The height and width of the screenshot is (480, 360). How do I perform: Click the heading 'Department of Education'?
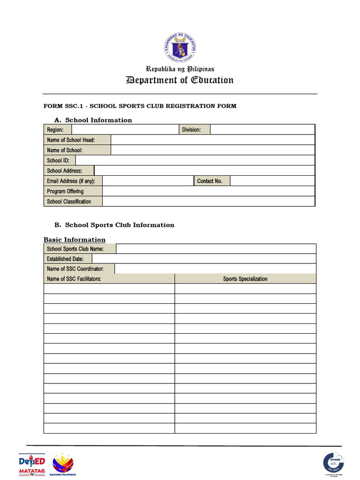(180, 80)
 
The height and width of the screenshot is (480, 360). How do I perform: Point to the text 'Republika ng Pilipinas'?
(180, 69)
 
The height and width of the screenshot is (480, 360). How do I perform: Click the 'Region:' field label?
(55, 130)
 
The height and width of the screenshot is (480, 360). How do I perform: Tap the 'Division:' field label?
(191, 130)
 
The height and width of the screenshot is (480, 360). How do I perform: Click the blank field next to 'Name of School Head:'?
(213, 140)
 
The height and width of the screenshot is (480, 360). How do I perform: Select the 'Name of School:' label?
(65, 150)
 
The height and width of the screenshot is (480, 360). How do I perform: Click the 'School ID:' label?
(58, 160)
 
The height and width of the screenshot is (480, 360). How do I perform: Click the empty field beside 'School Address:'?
(204, 171)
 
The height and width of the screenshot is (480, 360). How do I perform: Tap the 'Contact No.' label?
(210, 181)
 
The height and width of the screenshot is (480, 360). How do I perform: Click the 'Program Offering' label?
(65, 191)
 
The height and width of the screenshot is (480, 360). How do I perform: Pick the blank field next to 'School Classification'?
(209, 202)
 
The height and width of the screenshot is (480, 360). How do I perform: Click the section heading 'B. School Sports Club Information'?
(115, 225)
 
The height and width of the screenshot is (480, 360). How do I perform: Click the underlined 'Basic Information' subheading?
(75, 240)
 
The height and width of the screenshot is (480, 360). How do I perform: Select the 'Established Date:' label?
(66, 259)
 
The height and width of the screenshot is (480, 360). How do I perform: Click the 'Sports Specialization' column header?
(245, 279)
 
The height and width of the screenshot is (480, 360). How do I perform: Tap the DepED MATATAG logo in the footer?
(32, 465)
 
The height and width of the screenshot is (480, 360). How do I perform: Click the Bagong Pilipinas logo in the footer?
(66, 465)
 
